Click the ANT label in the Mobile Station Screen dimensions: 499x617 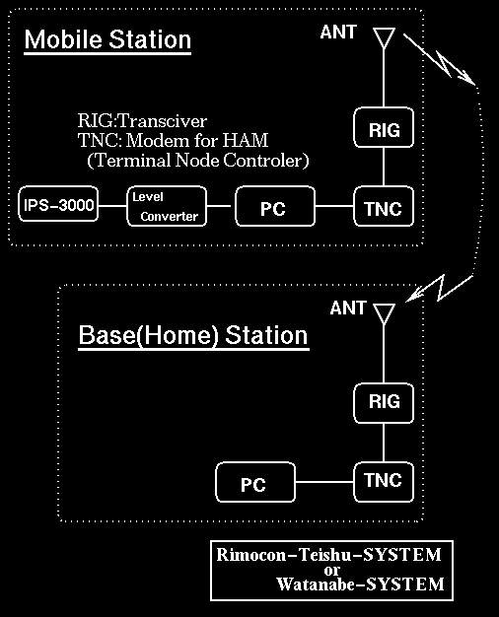coord(338,33)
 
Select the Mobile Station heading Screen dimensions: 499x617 coord(107,39)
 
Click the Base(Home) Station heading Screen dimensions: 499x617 coord(193,335)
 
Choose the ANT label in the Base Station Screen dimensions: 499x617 coord(348,308)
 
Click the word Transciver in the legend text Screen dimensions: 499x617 coord(163,121)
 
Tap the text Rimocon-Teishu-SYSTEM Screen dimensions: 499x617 coord(328,555)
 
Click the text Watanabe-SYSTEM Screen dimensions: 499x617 coord(360,583)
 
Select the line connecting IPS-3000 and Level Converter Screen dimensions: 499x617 coord(112,205)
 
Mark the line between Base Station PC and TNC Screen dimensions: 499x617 coord(324,482)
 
